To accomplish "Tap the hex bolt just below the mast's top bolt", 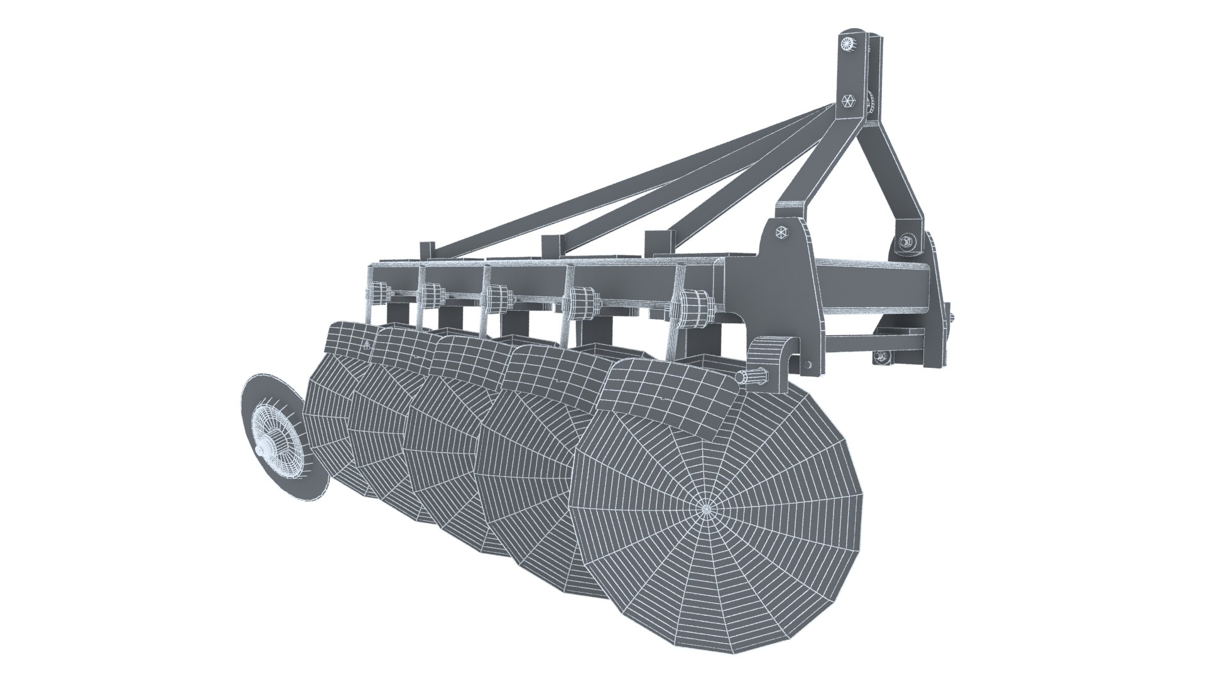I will [847, 101].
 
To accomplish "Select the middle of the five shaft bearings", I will [498, 296].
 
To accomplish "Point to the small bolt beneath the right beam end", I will [880, 357].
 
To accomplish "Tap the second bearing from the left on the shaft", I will [432, 293].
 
